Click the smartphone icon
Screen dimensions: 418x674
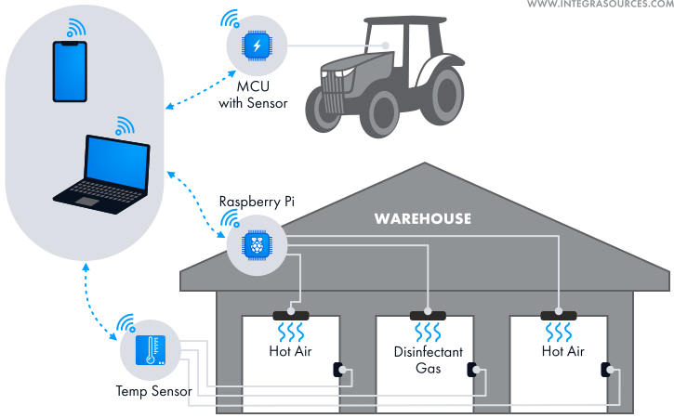pos(70,72)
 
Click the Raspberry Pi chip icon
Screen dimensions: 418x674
pos(255,244)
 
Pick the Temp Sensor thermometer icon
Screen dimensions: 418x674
pos(149,350)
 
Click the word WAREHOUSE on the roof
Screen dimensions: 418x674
pos(422,219)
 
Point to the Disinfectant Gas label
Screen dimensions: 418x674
pos(428,360)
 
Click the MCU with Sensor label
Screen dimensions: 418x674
pos(253,95)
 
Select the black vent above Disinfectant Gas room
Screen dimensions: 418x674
pos(427,316)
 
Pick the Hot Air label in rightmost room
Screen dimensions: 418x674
pos(562,352)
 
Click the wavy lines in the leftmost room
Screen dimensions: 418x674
pos(294,333)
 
